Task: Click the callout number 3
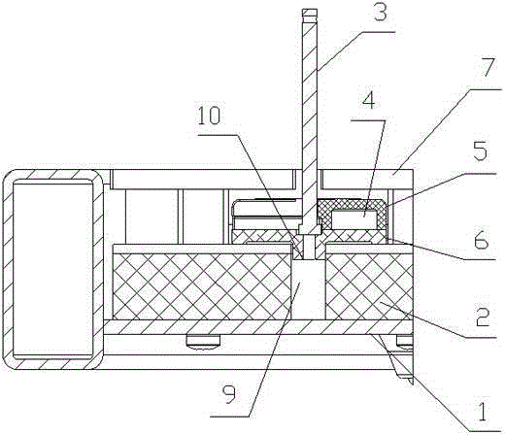point(380,13)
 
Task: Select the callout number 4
point(369,101)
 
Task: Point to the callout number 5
point(480,151)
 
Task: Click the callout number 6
point(482,239)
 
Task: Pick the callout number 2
point(482,318)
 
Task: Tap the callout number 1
point(482,412)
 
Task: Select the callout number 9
point(229,394)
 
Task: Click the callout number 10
point(209,116)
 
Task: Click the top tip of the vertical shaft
point(309,11)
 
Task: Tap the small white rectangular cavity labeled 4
point(354,218)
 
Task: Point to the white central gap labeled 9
point(309,289)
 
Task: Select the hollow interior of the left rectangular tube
point(52,269)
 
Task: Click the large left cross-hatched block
point(202,286)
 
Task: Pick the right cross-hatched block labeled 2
point(369,286)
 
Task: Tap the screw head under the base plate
point(204,341)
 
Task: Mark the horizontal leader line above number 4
point(368,120)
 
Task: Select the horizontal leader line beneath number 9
point(230,416)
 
